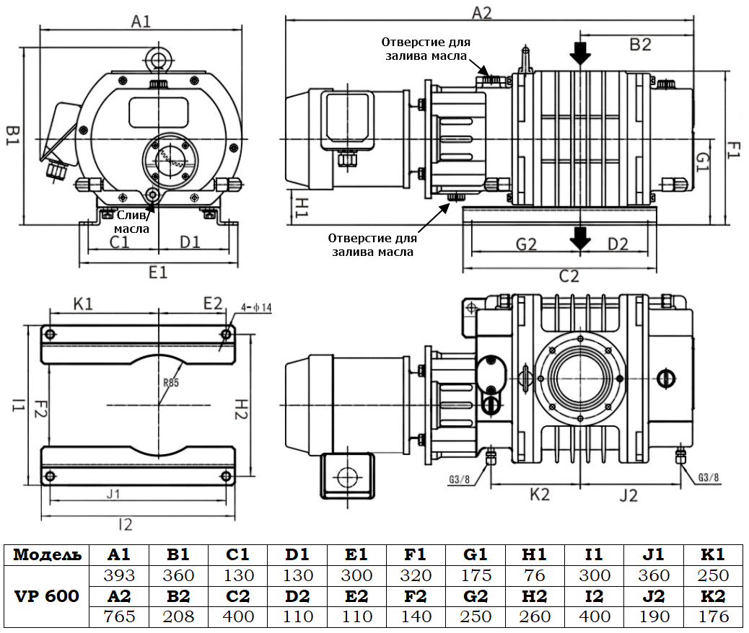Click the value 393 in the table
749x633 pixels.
point(119,575)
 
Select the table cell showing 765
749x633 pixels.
point(119,616)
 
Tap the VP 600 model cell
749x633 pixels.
point(46,596)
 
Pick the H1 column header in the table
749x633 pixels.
point(535,555)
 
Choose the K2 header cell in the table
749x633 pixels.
point(714,596)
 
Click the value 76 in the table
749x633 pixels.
point(535,575)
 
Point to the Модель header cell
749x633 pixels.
point(46,555)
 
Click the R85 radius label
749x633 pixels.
point(170,383)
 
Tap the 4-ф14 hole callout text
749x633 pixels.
point(258,308)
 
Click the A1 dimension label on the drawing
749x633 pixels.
point(141,21)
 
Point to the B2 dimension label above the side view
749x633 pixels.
point(640,45)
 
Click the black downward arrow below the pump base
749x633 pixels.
point(579,236)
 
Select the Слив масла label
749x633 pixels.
point(134,221)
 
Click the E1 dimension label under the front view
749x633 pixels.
point(158,272)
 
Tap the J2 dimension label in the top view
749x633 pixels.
point(628,495)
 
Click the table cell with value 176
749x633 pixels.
point(714,616)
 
